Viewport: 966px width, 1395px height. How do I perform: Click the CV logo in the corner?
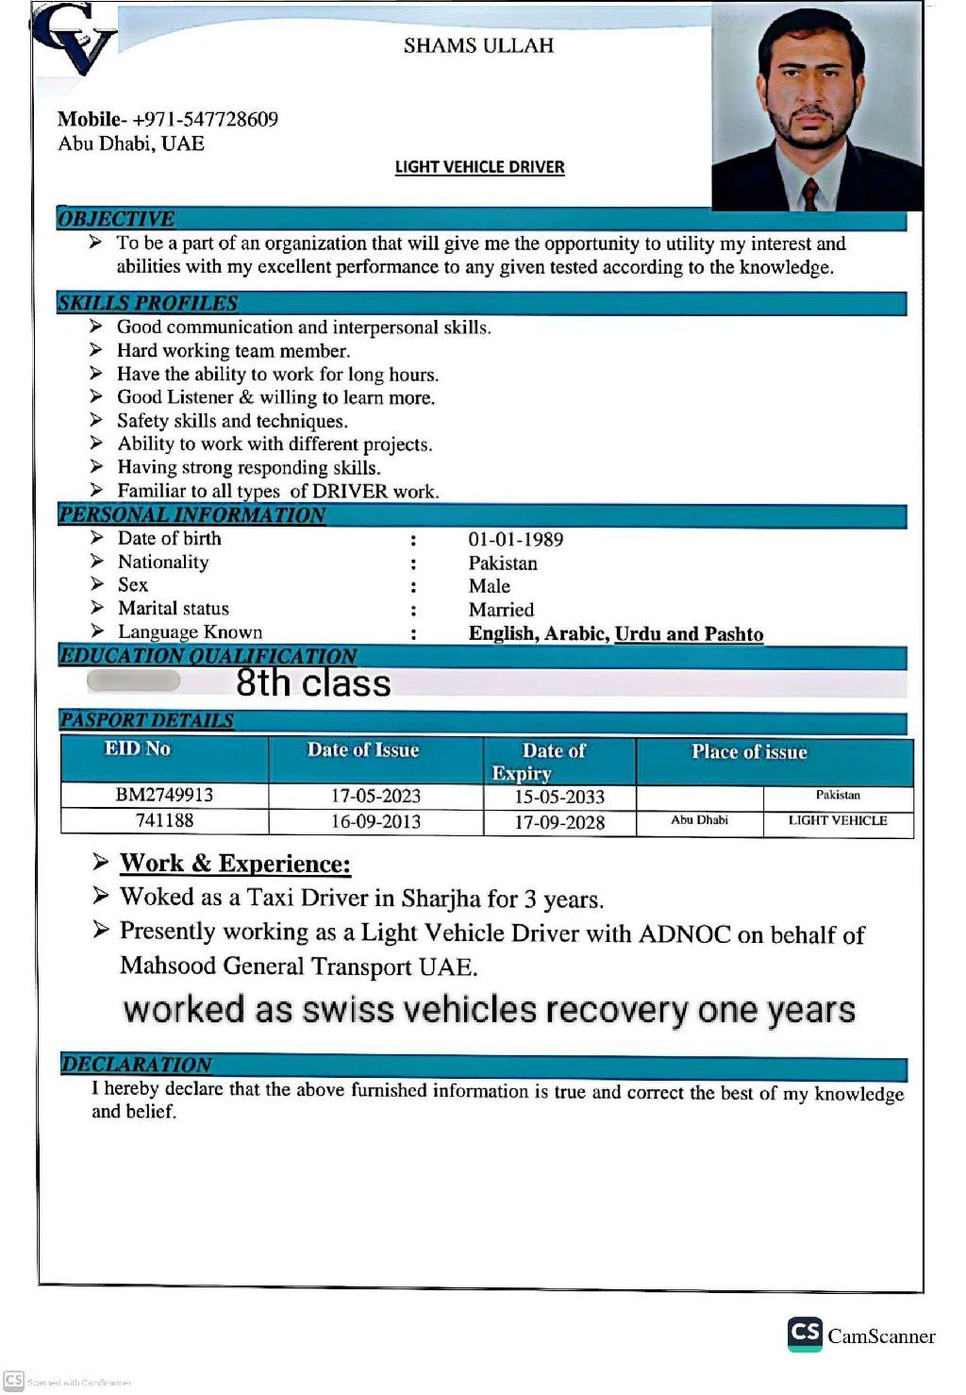pos(74,40)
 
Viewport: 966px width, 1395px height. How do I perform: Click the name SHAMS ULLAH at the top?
pos(478,45)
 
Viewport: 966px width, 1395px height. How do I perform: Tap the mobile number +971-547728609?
pos(205,120)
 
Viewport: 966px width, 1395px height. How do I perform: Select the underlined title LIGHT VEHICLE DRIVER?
pos(479,167)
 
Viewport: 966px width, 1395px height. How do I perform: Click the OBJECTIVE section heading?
pos(116,219)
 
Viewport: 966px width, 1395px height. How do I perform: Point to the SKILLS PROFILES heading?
pos(148,303)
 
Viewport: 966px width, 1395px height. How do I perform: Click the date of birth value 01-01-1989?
pos(516,540)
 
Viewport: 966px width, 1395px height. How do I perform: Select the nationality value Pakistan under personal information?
pos(503,563)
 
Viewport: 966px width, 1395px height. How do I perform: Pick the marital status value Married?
pos(501,610)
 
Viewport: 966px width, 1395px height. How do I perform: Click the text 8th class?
pos(313,682)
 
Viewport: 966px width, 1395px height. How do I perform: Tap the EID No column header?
pos(138,749)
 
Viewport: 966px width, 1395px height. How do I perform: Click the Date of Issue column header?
pos(363,750)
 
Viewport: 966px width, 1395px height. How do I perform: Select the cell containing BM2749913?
pos(164,795)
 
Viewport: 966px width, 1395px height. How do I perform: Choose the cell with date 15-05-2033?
pos(559,797)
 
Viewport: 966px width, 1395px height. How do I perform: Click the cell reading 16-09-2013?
pos(375,821)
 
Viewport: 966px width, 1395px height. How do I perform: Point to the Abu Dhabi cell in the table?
pos(699,820)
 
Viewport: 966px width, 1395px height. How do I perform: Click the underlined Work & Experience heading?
pos(235,864)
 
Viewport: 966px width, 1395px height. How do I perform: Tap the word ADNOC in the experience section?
pos(685,934)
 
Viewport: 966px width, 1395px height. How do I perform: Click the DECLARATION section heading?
pos(137,1064)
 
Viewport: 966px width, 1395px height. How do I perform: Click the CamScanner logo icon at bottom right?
pos(805,1334)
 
